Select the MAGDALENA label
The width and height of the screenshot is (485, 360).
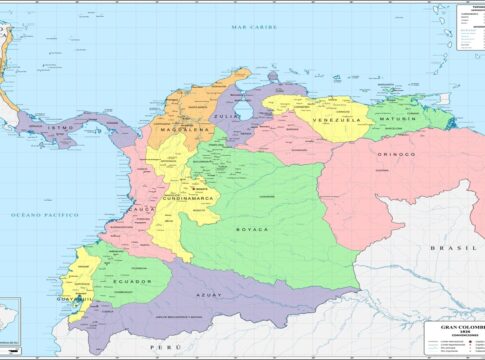(181, 130)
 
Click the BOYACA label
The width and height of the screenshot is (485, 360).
(252, 229)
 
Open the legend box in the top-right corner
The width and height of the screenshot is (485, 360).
(470, 26)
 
